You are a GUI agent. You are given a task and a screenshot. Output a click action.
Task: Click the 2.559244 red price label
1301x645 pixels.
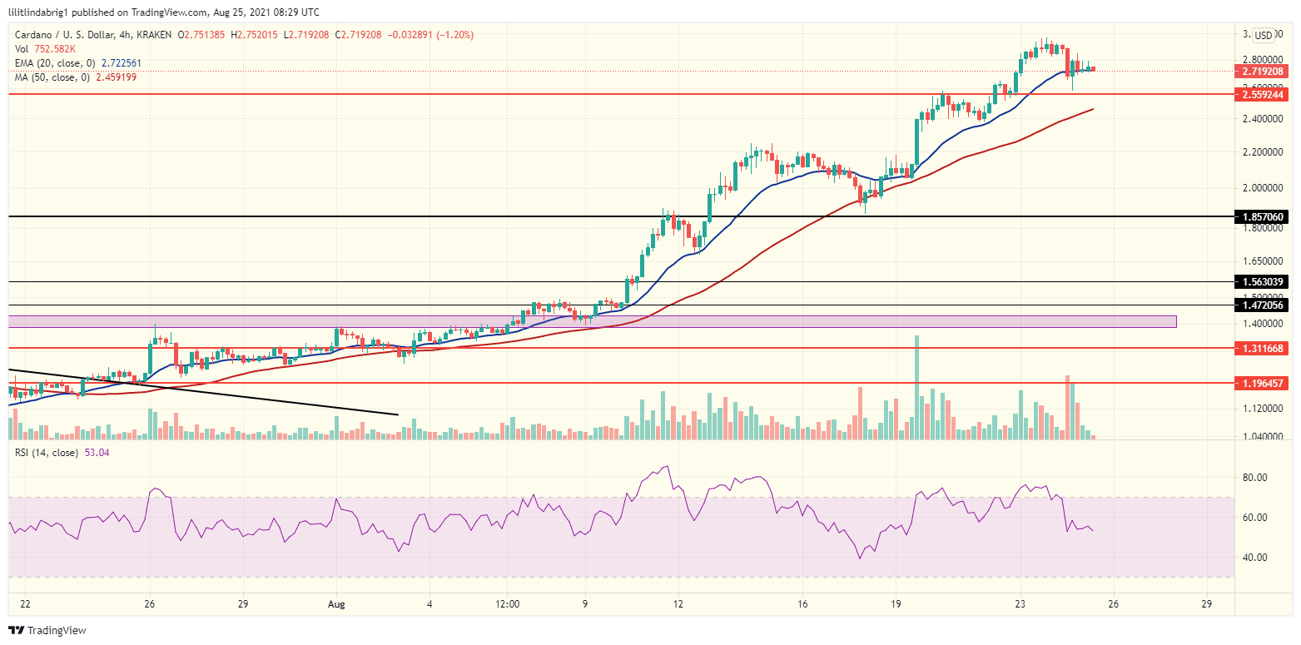(x=1263, y=95)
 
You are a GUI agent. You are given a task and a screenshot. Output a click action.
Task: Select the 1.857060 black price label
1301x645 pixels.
(x=1263, y=216)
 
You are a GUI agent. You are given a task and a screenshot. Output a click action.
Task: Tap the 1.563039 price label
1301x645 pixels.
(x=1263, y=282)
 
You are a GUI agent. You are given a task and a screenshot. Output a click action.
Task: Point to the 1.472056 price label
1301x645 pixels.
(x=1263, y=305)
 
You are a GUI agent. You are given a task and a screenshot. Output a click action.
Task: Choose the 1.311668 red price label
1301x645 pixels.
(x=1263, y=348)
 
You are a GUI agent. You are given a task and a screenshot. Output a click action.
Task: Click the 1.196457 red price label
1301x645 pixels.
(x=1263, y=384)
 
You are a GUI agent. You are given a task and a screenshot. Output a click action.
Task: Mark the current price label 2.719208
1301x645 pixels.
(x=1263, y=72)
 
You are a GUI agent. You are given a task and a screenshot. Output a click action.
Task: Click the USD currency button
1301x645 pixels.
(x=1263, y=35)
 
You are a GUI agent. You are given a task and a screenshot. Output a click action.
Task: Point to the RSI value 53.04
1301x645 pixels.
(x=97, y=453)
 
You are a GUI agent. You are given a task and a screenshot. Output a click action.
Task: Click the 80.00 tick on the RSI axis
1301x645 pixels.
(x=1254, y=478)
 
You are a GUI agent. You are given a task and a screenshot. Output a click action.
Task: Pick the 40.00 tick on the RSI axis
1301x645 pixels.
(x=1254, y=558)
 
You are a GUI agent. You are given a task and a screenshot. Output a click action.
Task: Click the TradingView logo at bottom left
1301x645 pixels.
(x=47, y=631)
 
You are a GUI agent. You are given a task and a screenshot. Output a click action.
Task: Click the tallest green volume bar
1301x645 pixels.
(x=916, y=387)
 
